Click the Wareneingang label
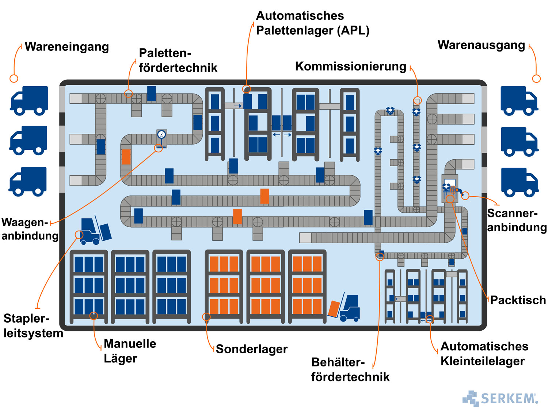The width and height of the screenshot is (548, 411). click(x=67, y=47)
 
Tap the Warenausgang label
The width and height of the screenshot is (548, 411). click(x=481, y=45)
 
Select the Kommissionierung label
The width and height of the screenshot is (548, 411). click(x=350, y=66)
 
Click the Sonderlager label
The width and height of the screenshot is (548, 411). click(x=252, y=349)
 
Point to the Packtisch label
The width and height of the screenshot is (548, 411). click(x=518, y=300)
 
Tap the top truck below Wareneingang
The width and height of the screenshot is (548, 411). click(x=29, y=100)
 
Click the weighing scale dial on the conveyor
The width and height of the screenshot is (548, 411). click(x=161, y=134)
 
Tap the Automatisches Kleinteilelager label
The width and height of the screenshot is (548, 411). click(x=484, y=353)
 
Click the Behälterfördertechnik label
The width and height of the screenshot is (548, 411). click(x=350, y=369)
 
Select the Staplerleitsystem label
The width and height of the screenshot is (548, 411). click(x=33, y=326)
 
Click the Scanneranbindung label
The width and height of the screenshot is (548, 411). click(x=517, y=220)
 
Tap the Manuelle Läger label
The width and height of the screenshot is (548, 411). click(x=130, y=351)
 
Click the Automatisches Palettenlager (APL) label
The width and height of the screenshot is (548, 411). click(x=312, y=23)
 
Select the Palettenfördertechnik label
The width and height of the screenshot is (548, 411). click(x=178, y=60)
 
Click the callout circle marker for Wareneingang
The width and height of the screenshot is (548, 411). click(x=14, y=78)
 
